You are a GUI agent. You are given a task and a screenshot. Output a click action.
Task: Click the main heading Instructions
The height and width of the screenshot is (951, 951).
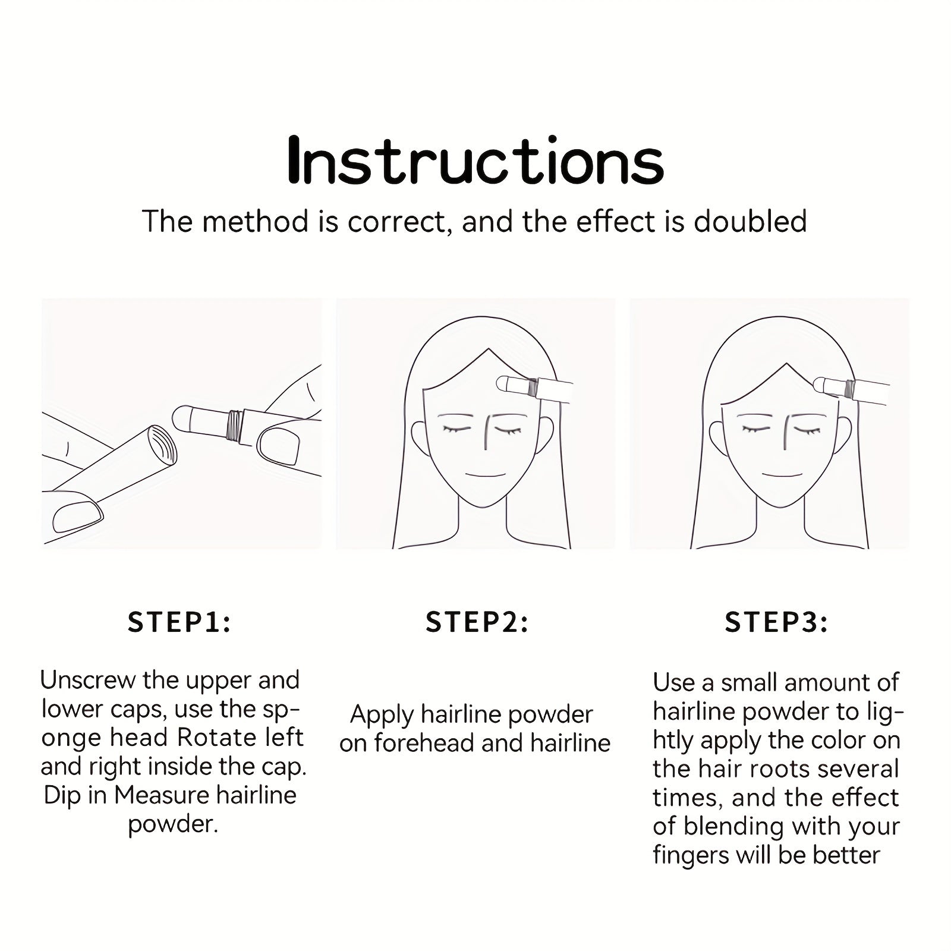[x=475, y=160]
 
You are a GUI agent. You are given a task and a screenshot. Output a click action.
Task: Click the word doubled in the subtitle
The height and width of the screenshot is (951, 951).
[x=750, y=221]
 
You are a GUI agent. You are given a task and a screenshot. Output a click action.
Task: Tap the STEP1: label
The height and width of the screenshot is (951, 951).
[x=180, y=622]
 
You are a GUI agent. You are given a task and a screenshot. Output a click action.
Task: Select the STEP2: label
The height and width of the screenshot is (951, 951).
[x=477, y=622]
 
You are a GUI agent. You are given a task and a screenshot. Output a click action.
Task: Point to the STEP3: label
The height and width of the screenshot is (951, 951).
[x=776, y=622]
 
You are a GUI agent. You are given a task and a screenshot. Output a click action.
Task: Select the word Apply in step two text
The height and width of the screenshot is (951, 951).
[x=383, y=715]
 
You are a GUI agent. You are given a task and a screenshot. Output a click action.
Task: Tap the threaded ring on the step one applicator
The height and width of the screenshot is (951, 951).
[x=236, y=426]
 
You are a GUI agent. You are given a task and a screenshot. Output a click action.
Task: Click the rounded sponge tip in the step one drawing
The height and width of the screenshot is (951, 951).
[x=180, y=418]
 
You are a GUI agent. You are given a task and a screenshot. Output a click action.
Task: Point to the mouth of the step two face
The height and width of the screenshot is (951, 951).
[x=484, y=475]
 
